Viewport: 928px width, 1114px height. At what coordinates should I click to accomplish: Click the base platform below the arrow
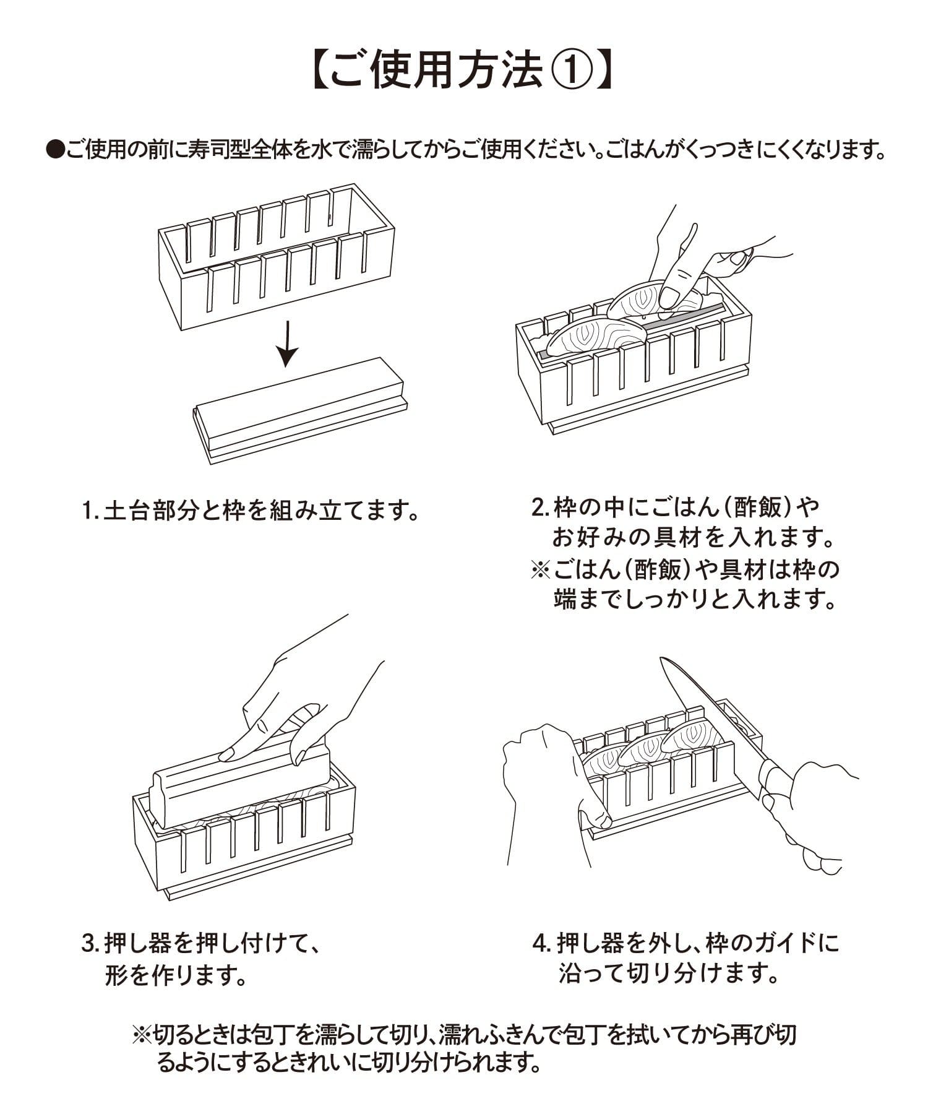300,408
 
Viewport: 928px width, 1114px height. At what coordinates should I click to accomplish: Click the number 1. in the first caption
90,511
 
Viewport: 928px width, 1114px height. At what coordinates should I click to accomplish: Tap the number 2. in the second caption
541,507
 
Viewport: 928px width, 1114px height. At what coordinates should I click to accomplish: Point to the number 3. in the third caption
90,944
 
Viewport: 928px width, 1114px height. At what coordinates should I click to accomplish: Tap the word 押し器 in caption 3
139,944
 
